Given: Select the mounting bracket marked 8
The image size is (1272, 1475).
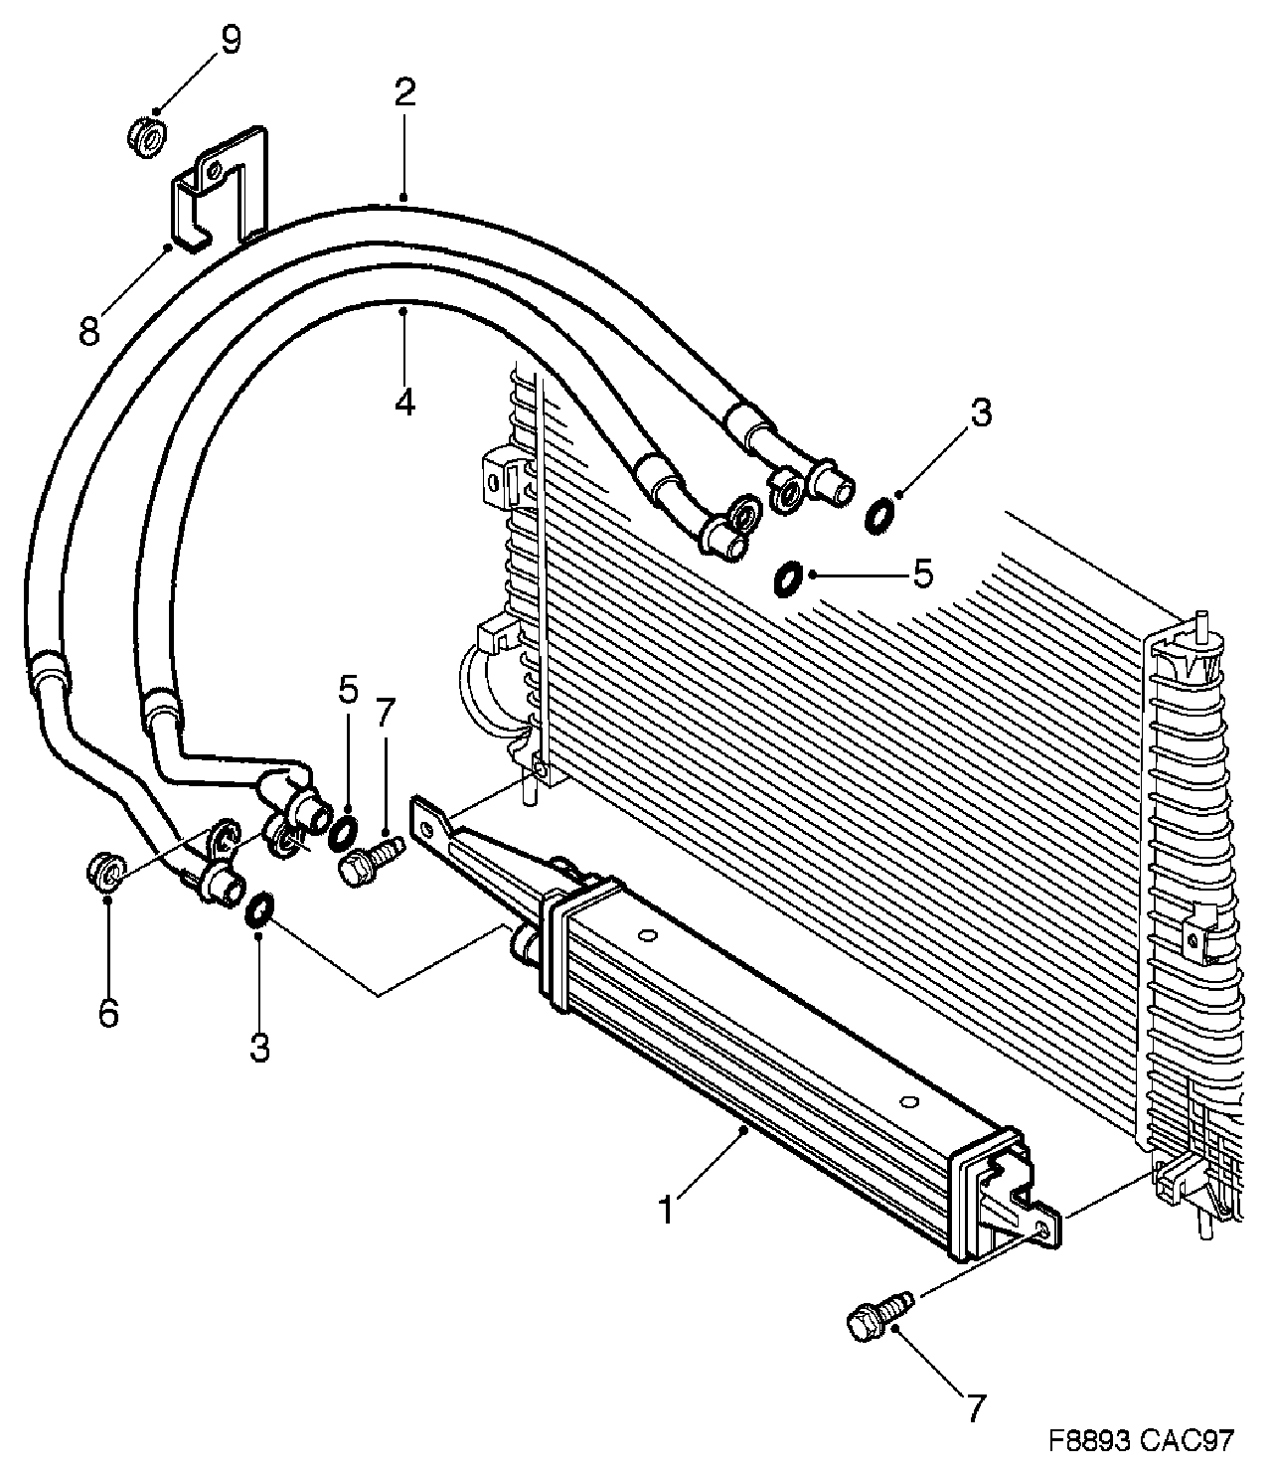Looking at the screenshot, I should [x=221, y=189].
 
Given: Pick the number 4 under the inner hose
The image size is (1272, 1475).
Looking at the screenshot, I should [x=403, y=403].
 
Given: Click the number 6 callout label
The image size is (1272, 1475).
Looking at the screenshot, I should [x=108, y=1013].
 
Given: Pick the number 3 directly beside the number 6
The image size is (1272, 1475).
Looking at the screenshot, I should [x=259, y=1048].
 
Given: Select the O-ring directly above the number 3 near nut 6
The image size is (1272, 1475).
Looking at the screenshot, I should [x=256, y=907].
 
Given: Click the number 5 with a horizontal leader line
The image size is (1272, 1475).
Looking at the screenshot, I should [x=922, y=574].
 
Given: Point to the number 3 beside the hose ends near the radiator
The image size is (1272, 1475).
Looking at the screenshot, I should [x=981, y=411].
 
